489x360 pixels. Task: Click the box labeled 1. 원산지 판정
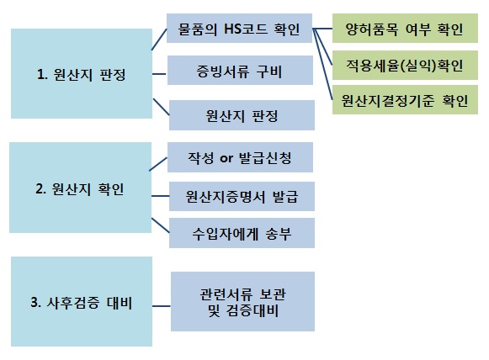[x=82, y=73]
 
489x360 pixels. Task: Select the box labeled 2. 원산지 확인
[x=80, y=188]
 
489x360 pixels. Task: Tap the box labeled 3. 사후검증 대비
[x=82, y=301]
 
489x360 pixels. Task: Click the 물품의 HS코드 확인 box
[x=239, y=28]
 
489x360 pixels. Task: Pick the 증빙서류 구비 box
[x=240, y=70]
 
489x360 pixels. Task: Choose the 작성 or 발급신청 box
[x=240, y=157]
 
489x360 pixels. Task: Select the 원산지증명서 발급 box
[x=242, y=196]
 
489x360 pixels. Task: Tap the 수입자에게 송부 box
[x=242, y=233]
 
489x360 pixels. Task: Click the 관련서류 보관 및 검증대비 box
[x=242, y=301]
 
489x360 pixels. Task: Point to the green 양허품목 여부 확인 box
[x=405, y=28]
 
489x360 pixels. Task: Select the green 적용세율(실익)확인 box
[x=405, y=65]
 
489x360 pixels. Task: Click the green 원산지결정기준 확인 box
[x=405, y=100]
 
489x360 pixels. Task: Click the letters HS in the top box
[x=232, y=29]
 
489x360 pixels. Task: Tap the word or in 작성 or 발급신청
[x=226, y=158]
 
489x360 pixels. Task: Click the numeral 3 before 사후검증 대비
[x=34, y=302]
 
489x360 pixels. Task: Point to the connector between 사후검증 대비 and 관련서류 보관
[x=162, y=306]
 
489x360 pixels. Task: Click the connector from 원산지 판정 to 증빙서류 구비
[x=159, y=74]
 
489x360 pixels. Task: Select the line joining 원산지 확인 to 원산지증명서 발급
[x=160, y=196]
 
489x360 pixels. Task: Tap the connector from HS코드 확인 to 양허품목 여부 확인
[x=322, y=29]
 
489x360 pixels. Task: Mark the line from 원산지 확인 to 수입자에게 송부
[x=161, y=225]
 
